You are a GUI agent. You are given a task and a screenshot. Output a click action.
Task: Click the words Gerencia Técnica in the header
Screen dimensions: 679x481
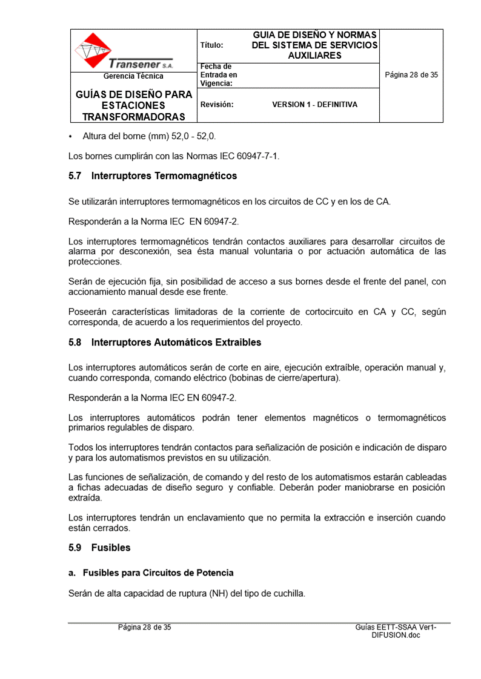tap(133, 76)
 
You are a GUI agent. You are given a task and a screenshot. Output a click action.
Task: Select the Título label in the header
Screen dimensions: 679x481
tap(211, 45)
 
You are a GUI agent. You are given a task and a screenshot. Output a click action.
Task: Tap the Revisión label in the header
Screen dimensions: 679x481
tap(217, 105)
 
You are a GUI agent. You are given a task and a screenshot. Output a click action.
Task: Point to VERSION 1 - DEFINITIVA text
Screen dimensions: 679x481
tap(314, 105)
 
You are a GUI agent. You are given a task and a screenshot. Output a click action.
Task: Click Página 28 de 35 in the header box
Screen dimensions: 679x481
tap(411, 75)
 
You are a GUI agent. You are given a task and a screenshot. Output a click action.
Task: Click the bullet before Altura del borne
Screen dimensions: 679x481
tap(71, 137)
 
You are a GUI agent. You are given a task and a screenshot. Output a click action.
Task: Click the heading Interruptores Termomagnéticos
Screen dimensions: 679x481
tap(164, 176)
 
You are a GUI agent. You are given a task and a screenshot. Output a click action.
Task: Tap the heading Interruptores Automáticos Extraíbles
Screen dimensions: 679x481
tap(176, 343)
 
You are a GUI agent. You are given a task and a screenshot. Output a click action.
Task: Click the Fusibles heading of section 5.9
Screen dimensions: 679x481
tap(111, 548)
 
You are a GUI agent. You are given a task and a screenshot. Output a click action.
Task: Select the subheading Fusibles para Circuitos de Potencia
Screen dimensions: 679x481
tap(158, 572)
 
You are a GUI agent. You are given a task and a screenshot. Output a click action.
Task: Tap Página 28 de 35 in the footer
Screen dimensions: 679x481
tap(144, 628)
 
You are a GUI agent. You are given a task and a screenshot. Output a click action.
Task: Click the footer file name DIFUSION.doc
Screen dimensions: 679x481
tap(396, 635)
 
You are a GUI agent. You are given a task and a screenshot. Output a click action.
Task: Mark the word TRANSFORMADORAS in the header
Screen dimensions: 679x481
tap(134, 116)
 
